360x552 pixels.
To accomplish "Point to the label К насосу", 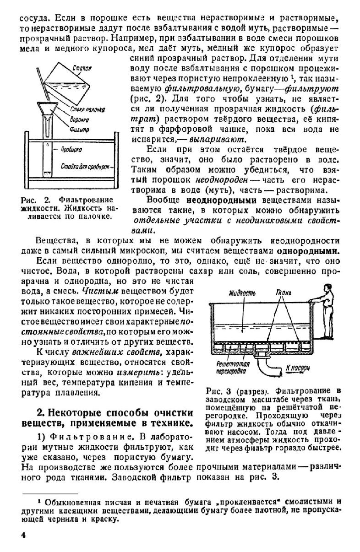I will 298,367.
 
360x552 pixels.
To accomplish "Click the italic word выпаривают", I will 222,139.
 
